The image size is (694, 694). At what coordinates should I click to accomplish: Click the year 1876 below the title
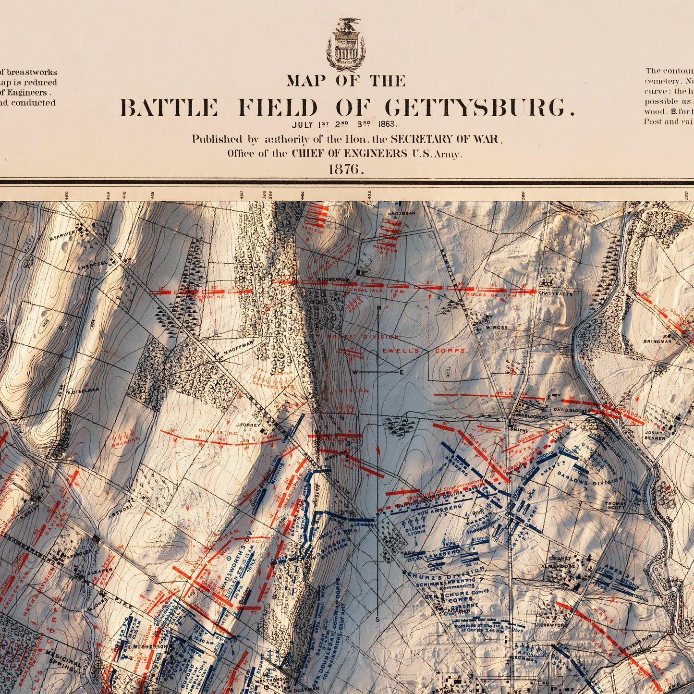[347, 169]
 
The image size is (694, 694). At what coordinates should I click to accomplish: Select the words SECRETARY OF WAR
[446, 139]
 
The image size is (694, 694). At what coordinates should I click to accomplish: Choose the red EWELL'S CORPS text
[423, 351]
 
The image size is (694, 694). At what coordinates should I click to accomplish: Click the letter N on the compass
[379, 308]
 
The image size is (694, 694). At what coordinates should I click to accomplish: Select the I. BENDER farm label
[117, 515]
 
